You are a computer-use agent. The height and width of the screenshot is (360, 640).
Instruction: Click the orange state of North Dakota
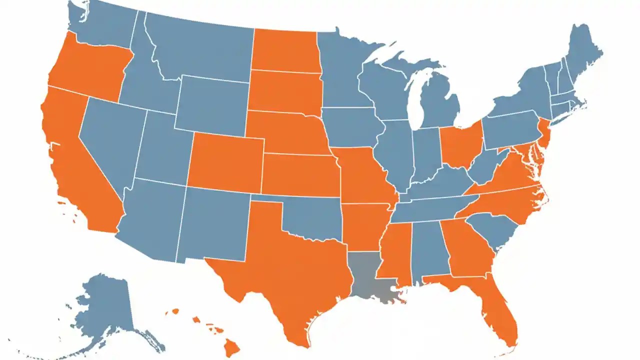click(284, 50)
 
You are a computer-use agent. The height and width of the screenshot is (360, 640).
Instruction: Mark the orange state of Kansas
click(300, 175)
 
